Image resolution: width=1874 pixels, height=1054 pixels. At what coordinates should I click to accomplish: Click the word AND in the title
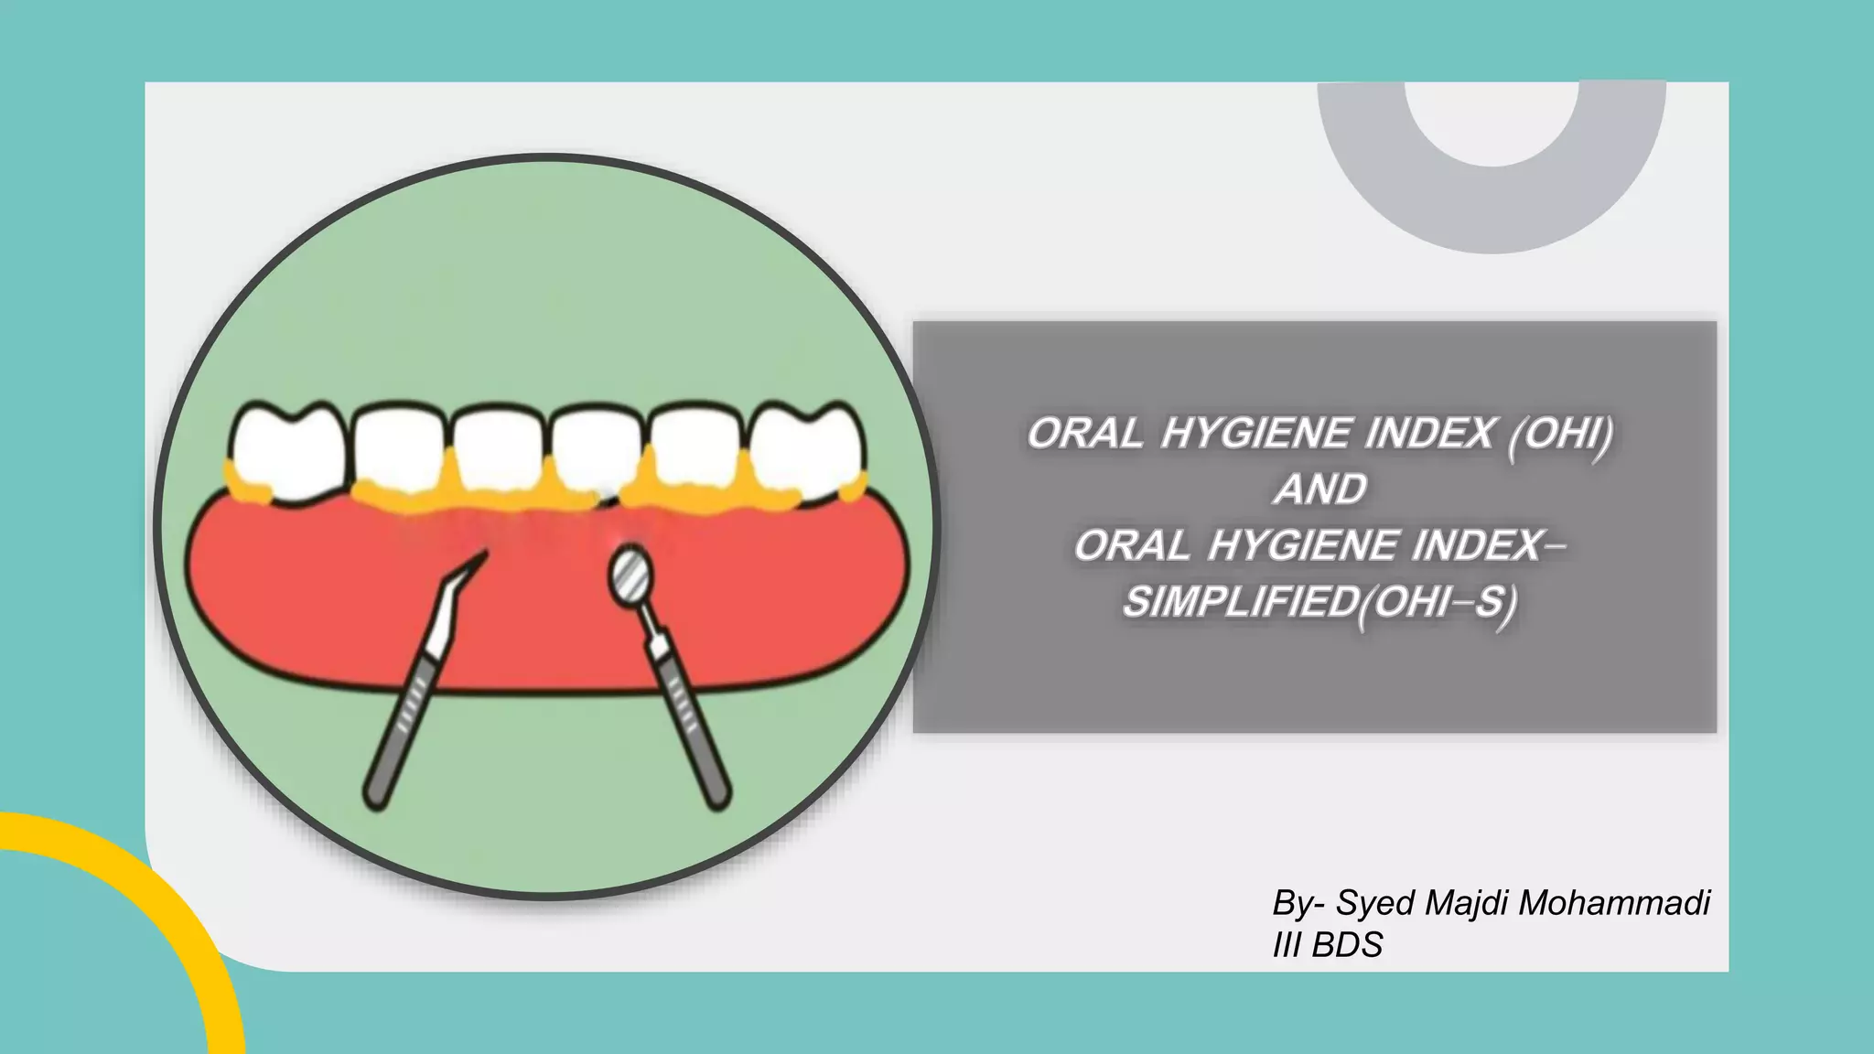(x=1320, y=489)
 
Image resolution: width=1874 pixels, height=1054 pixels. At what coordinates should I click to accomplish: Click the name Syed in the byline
(x=1375, y=903)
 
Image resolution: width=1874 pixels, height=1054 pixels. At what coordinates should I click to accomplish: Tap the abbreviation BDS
(x=1347, y=945)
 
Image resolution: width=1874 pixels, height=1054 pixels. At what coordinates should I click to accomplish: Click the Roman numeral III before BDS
(x=1286, y=945)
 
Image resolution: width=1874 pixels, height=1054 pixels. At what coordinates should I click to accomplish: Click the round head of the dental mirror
(x=630, y=573)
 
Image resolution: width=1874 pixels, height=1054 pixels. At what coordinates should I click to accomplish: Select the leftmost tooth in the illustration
(x=286, y=450)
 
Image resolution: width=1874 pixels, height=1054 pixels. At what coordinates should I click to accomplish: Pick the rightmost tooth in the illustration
(x=805, y=450)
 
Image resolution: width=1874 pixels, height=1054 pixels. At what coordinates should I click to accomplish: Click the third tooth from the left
(x=498, y=450)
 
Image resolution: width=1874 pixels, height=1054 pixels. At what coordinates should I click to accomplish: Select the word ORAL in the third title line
(x=1132, y=546)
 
